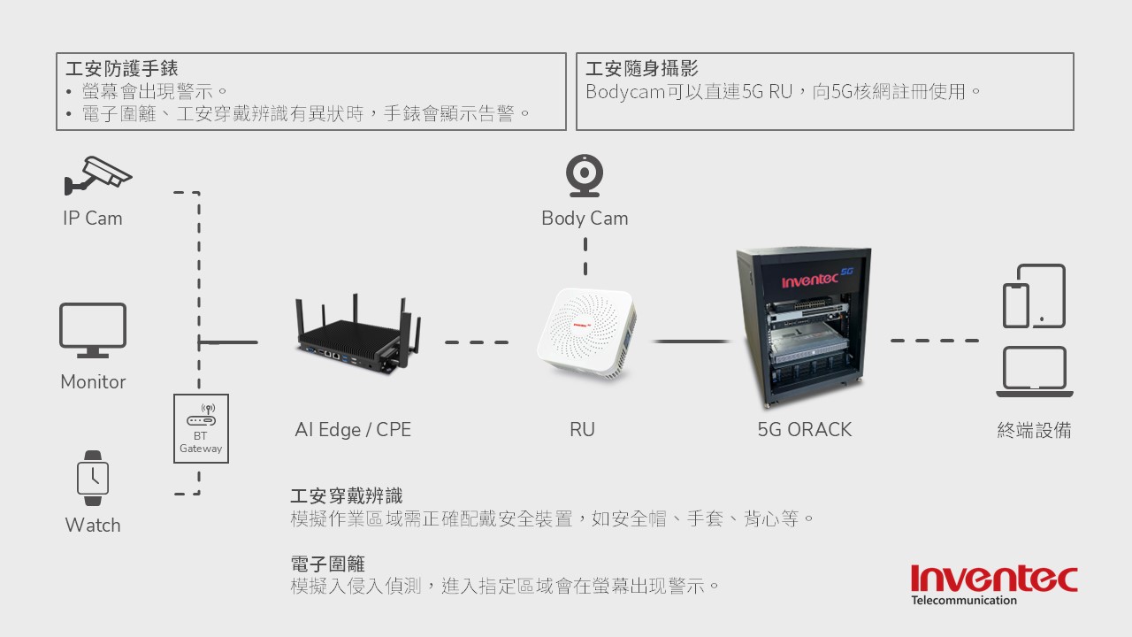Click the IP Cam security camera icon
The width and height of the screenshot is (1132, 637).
pyautogui.click(x=97, y=175)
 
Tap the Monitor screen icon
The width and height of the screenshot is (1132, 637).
pyautogui.click(x=93, y=329)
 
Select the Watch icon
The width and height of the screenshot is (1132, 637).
pyautogui.click(x=93, y=478)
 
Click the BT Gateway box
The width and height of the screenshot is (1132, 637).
pyautogui.click(x=202, y=428)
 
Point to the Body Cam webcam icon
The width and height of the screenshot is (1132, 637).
pyautogui.click(x=585, y=175)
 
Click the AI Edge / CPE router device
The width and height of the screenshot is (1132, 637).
pyautogui.click(x=356, y=334)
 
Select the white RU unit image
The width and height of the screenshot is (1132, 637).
pyautogui.click(x=585, y=335)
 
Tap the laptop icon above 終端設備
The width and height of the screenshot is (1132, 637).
pyautogui.click(x=1034, y=372)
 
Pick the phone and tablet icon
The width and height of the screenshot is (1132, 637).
pyautogui.click(x=1034, y=296)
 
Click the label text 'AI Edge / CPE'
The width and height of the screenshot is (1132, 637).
pyautogui.click(x=353, y=430)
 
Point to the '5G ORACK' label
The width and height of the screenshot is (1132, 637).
pyautogui.click(x=804, y=430)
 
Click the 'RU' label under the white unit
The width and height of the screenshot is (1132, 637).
pyautogui.click(x=582, y=430)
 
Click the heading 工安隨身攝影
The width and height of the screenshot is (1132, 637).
pyautogui.click(x=642, y=69)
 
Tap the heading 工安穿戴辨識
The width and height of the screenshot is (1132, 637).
pyautogui.click(x=346, y=496)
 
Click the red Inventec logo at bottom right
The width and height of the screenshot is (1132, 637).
pyautogui.click(x=994, y=581)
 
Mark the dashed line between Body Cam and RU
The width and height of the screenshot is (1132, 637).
pyautogui.click(x=585, y=257)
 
